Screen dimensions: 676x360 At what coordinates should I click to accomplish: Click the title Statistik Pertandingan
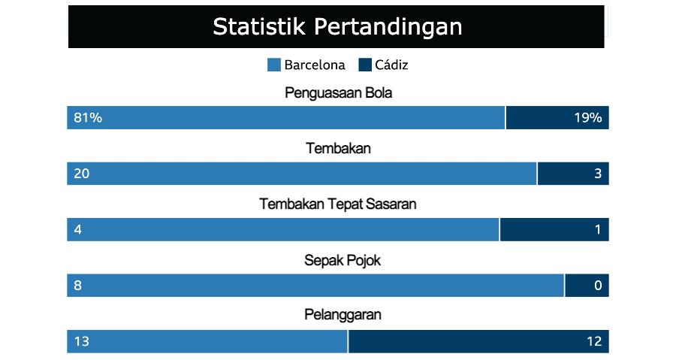point(337,26)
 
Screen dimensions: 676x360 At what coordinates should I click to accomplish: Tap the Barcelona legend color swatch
point(274,65)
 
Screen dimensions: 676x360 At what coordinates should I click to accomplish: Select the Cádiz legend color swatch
point(365,65)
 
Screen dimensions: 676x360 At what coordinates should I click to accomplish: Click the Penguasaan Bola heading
point(339,92)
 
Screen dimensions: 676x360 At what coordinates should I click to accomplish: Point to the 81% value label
point(88,118)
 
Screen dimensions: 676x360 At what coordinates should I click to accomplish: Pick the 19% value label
point(588,118)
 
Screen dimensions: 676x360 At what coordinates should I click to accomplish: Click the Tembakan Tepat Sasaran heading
point(338,204)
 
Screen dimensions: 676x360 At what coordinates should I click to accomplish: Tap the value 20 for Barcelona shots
point(81,174)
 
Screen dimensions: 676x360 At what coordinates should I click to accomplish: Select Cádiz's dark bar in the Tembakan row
point(573,174)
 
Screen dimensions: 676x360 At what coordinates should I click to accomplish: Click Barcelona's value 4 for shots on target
point(77,229)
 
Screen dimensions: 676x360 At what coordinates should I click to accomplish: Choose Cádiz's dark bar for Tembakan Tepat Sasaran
point(554,229)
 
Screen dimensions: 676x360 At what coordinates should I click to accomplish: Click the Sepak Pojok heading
point(343,260)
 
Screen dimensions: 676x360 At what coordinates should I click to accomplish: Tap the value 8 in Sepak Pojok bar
point(77,286)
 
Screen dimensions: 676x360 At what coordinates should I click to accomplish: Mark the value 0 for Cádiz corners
point(598,286)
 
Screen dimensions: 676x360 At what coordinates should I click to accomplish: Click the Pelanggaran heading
point(343,315)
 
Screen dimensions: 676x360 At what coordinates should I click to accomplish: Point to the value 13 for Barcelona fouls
point(81,341)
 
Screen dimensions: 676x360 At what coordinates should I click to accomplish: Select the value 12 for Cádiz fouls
point(595,341)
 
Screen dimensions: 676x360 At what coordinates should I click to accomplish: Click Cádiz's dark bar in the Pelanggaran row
point(479,341)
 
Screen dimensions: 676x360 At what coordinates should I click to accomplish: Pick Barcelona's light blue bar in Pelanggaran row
point(207,341)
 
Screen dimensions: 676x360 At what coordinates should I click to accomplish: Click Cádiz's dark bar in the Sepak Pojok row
point(587,286)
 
